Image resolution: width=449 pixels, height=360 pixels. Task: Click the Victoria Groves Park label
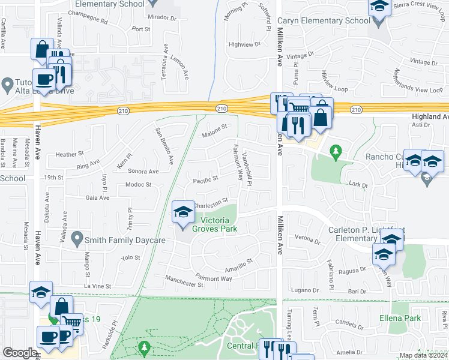pos(215,224)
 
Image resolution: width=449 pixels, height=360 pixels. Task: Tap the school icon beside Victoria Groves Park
pos(183,212)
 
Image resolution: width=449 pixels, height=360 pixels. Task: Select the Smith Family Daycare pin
pos(77,240)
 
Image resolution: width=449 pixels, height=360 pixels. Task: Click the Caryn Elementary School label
pos(324,21)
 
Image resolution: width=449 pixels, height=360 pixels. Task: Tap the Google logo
pos(20,353)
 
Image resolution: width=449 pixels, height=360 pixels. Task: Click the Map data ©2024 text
pos(423,355)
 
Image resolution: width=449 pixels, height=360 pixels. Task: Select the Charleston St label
pos(211,202)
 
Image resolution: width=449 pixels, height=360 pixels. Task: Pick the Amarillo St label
pos(239,265)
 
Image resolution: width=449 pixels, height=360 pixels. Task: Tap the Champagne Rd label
pos(88,20)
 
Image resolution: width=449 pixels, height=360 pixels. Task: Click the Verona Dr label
pos(308,239)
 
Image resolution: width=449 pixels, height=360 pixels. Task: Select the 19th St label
pos(53,178)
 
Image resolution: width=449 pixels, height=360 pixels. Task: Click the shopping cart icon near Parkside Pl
pos(73,324)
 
